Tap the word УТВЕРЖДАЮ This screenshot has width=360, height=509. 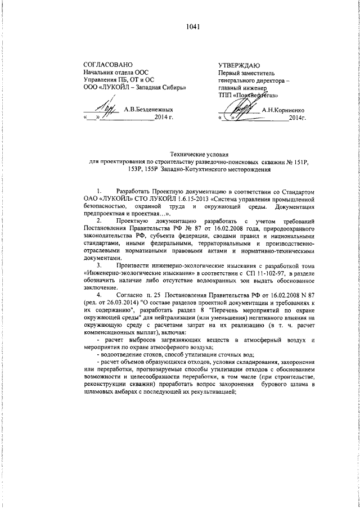tap(239, 66)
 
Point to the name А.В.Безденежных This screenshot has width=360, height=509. tap(148, 110)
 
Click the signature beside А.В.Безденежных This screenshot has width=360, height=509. tap(105, 107)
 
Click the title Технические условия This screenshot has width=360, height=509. tap(200, 154)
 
